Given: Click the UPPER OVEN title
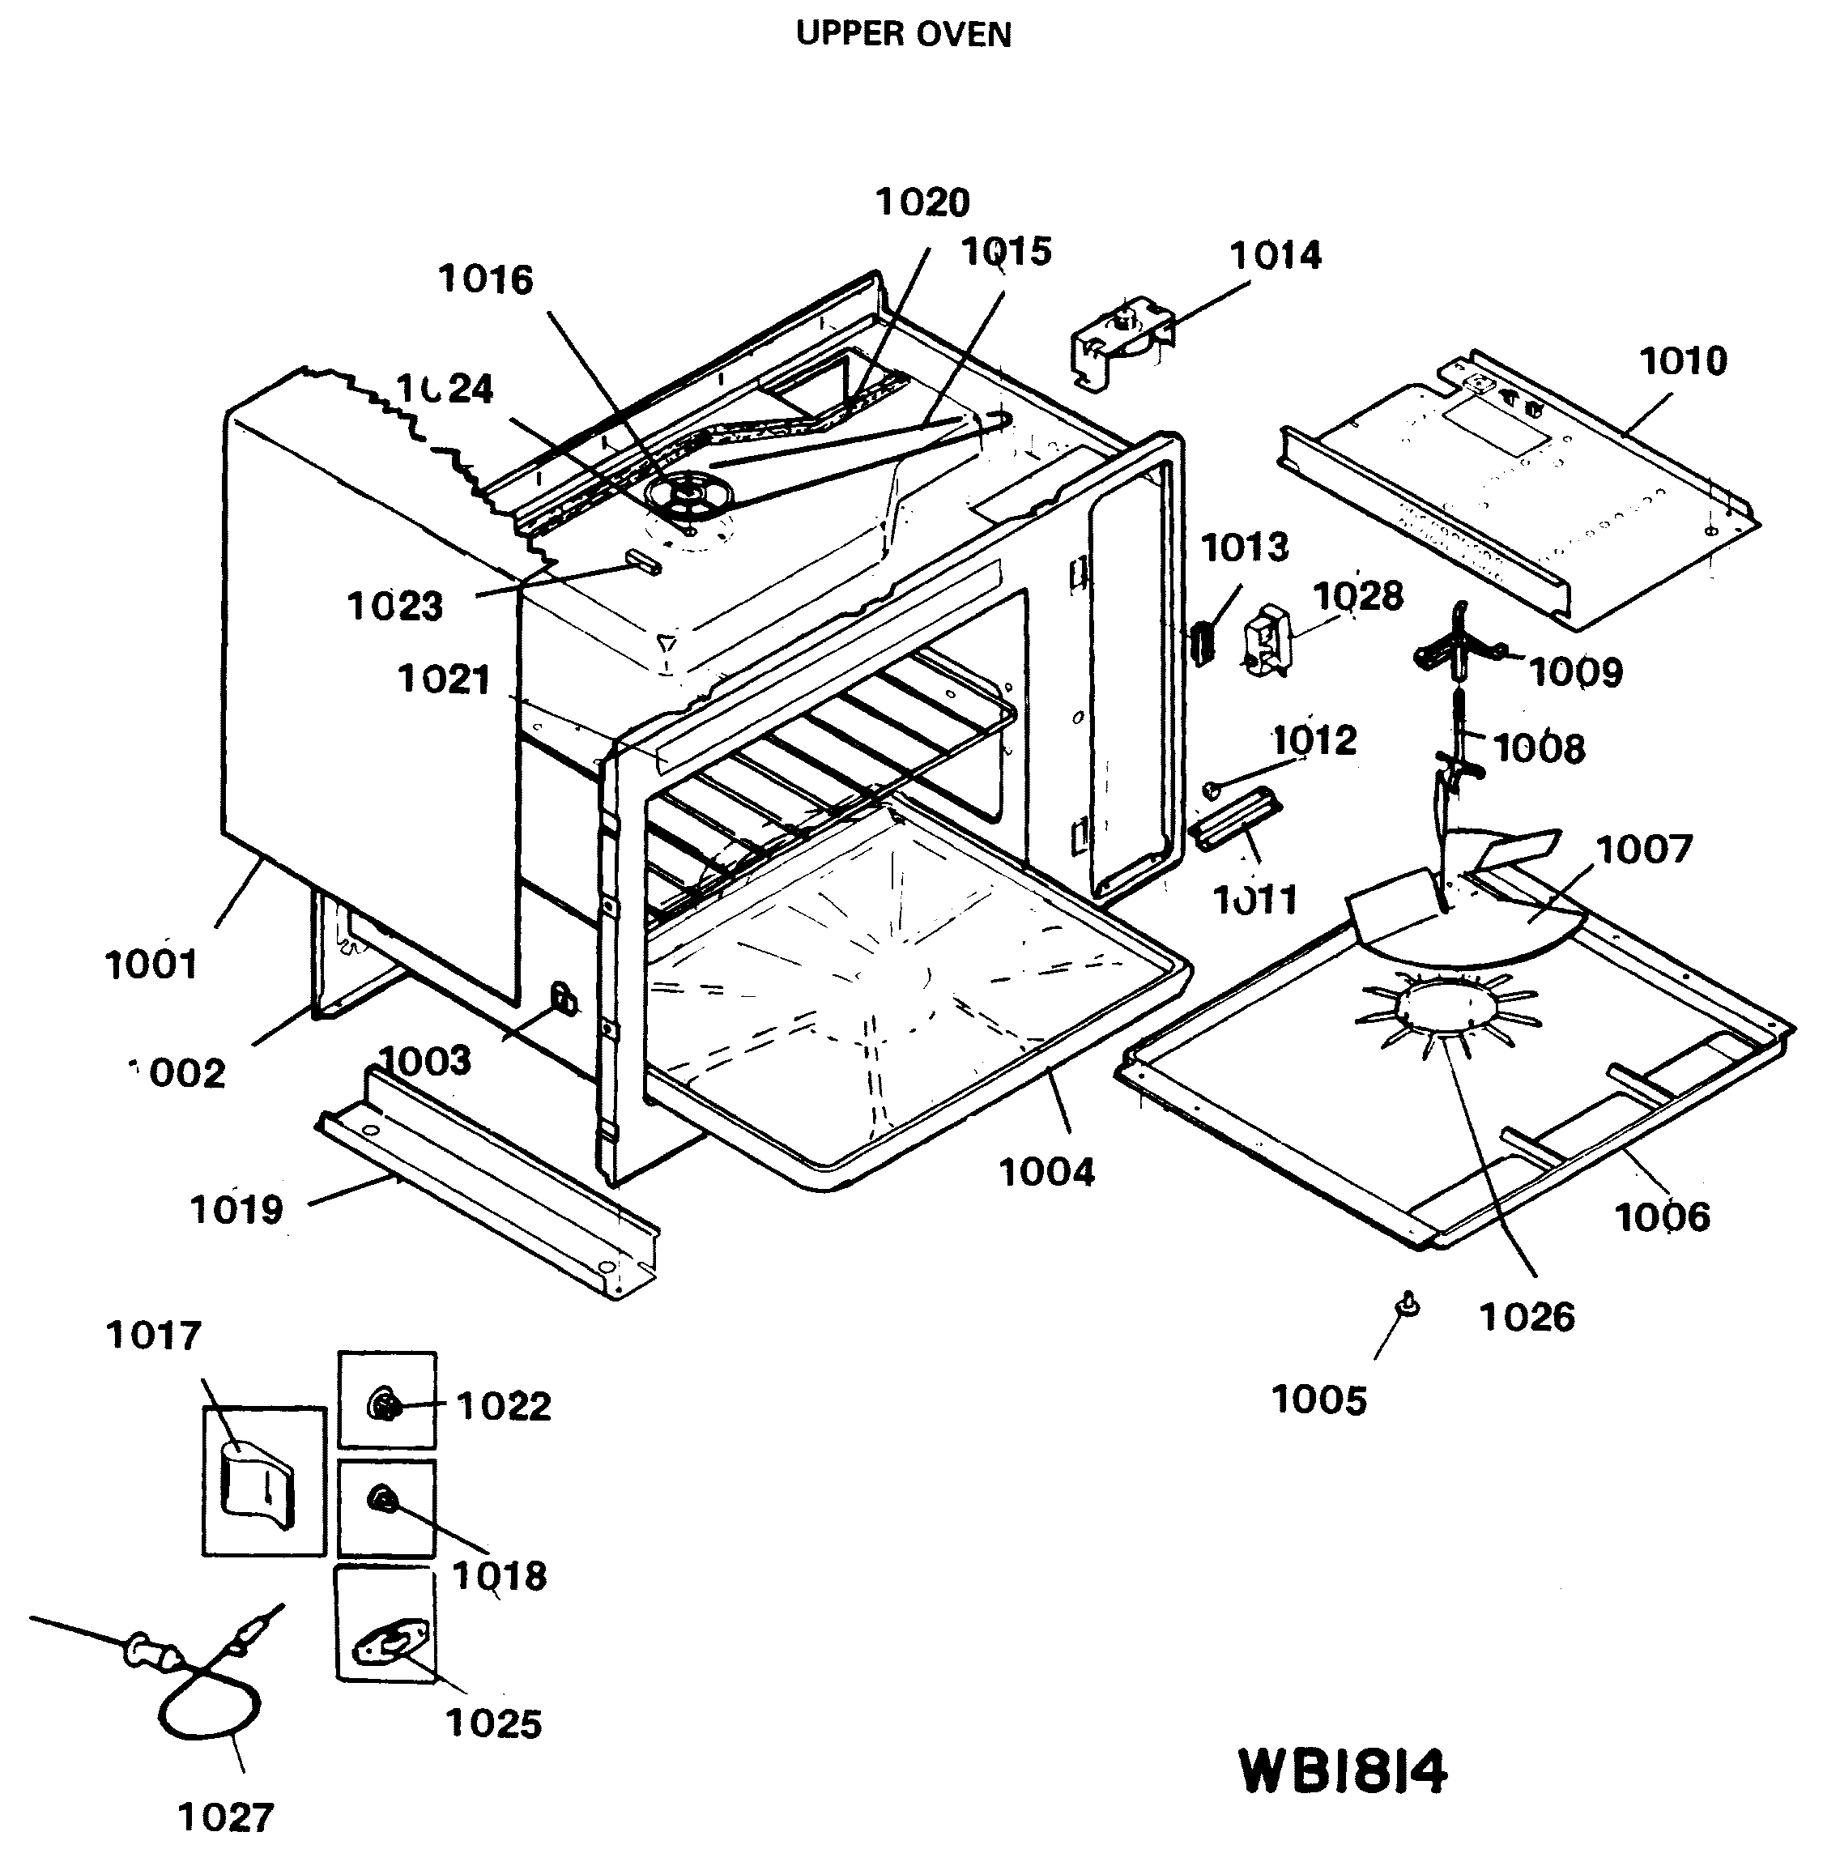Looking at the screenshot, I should tap(902, 34).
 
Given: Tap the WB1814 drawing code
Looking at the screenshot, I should tap(1342, 1772).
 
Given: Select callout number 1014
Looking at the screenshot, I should tap(1274, 256).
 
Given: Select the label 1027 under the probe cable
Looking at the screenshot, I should tap(226, 1817).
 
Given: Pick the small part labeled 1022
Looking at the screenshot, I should tap(385, 1404).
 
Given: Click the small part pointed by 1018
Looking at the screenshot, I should tap(383, 1499).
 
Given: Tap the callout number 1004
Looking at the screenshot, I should tap(1046, 1173).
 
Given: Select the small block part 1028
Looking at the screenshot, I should tap(1267, 637).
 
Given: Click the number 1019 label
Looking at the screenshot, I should tap(236, 1209).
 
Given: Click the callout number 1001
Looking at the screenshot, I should tap(151, 963).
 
